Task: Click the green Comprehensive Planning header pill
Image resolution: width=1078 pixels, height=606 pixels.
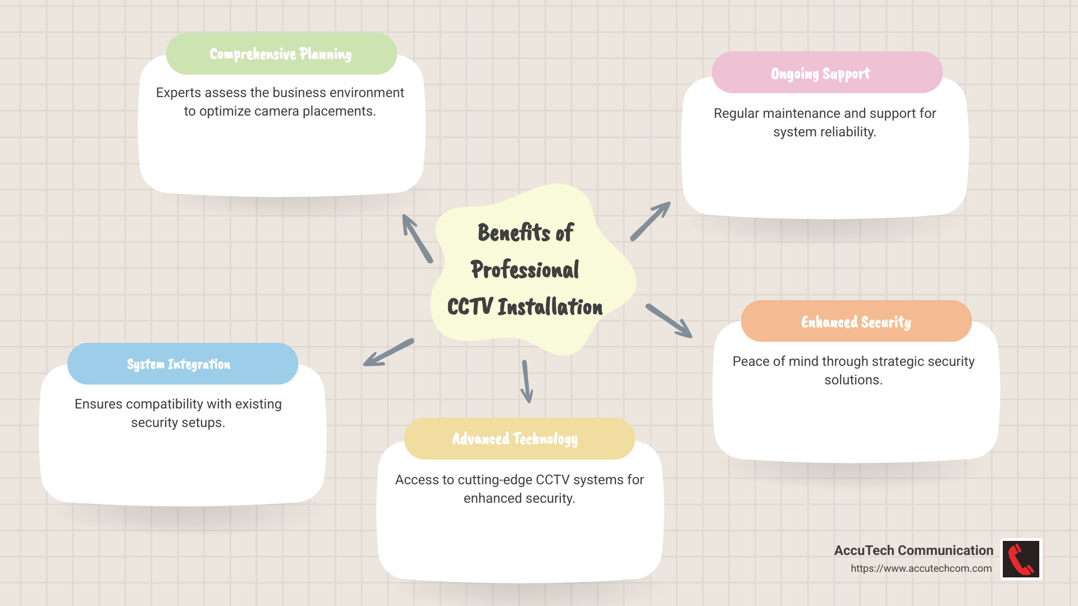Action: [281, 54]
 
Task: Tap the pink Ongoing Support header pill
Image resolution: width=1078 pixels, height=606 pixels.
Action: [826, 73]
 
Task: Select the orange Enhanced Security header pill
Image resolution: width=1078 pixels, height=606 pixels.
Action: [856, 322]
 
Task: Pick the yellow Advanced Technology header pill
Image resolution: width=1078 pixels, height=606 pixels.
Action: [519, 439]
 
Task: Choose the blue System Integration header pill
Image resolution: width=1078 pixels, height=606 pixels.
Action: [182, 364]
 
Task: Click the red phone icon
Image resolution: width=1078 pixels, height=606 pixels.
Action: [1021, 559]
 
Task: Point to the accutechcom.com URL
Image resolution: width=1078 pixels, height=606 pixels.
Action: [921, 568]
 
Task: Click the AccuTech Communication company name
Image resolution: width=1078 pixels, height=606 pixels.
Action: [913, 550]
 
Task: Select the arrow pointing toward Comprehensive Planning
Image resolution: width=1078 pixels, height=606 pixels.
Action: [417, 238]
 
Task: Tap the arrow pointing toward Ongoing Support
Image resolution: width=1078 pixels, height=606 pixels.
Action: [650, 222]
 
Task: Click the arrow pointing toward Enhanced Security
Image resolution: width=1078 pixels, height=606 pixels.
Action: [669, 321]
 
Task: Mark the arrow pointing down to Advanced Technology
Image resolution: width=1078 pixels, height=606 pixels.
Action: [526, 382]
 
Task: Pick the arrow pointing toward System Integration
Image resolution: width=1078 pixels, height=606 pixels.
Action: [389, 352]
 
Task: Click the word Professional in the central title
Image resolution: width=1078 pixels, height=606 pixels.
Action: [525, 270]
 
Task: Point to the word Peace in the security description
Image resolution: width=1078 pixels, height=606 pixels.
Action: [751, 361]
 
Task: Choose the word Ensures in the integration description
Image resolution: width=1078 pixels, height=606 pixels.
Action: [98, 404]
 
